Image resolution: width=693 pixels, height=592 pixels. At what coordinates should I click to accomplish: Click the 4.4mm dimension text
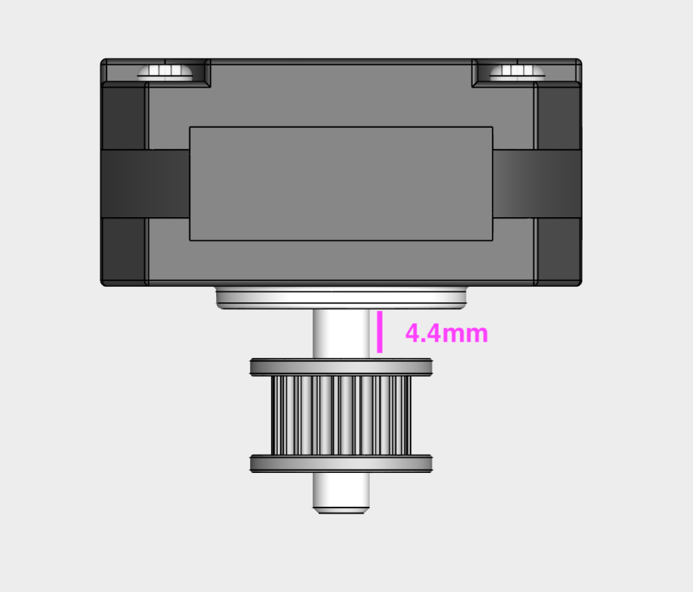pos(446,334)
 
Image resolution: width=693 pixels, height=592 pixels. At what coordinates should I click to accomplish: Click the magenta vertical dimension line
pos(379,332)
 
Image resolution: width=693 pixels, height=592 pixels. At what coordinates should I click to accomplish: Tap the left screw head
pos(165,72)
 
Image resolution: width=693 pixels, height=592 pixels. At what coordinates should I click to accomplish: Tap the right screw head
pos(517,72)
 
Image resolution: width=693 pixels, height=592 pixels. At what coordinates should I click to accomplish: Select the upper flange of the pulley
pos(341,367)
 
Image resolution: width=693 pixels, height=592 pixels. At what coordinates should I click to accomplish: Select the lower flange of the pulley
pos(341,463)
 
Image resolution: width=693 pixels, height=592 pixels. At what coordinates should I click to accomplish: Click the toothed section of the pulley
pos(341,415)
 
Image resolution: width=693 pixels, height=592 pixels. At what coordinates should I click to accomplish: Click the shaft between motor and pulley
pos(341,334)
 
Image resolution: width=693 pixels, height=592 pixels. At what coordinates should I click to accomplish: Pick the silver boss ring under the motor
pos(341,298)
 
